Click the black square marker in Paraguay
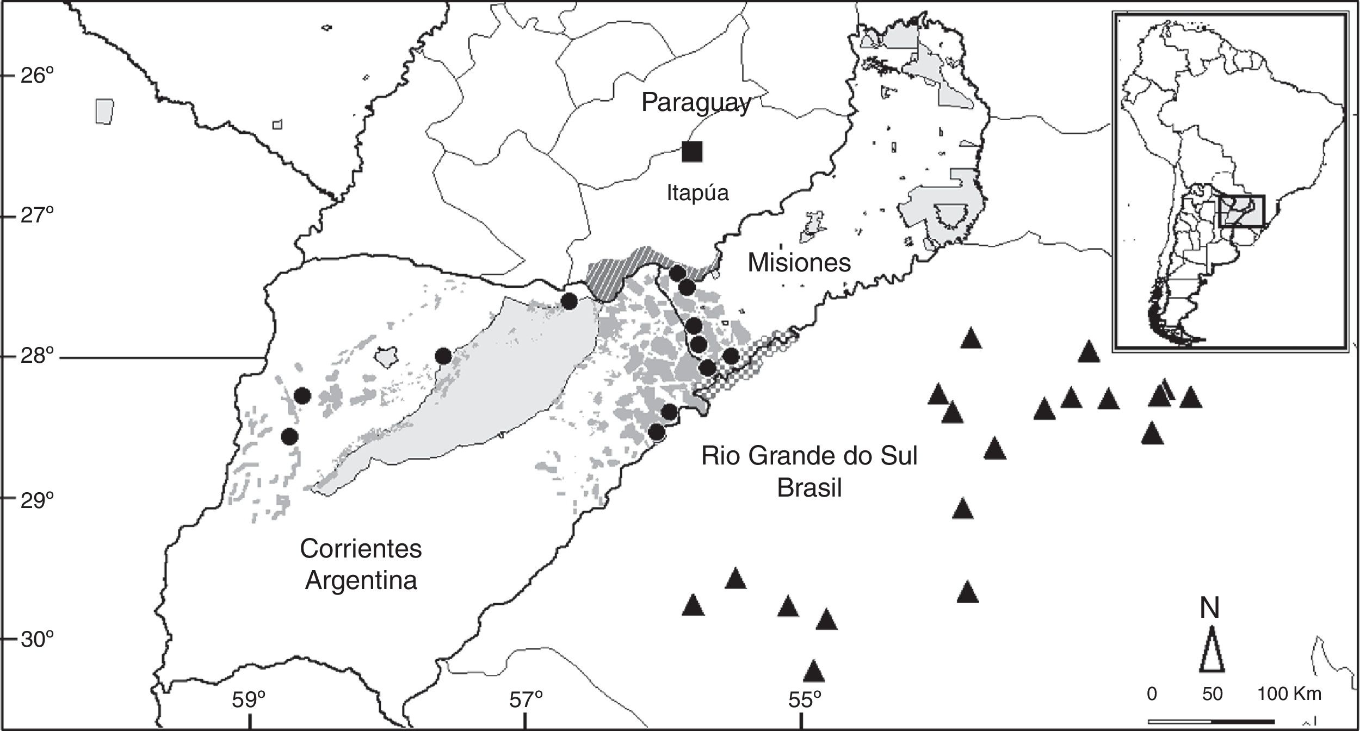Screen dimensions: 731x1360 point(693,151)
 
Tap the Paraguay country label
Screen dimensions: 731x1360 point(696,103)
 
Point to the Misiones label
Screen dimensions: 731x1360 point(799,263)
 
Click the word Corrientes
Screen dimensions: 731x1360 point(361,549)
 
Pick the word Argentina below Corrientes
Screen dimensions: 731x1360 point(361,580)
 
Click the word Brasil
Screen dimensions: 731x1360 point(809,488)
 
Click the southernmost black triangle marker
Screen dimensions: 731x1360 point(814,672)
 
